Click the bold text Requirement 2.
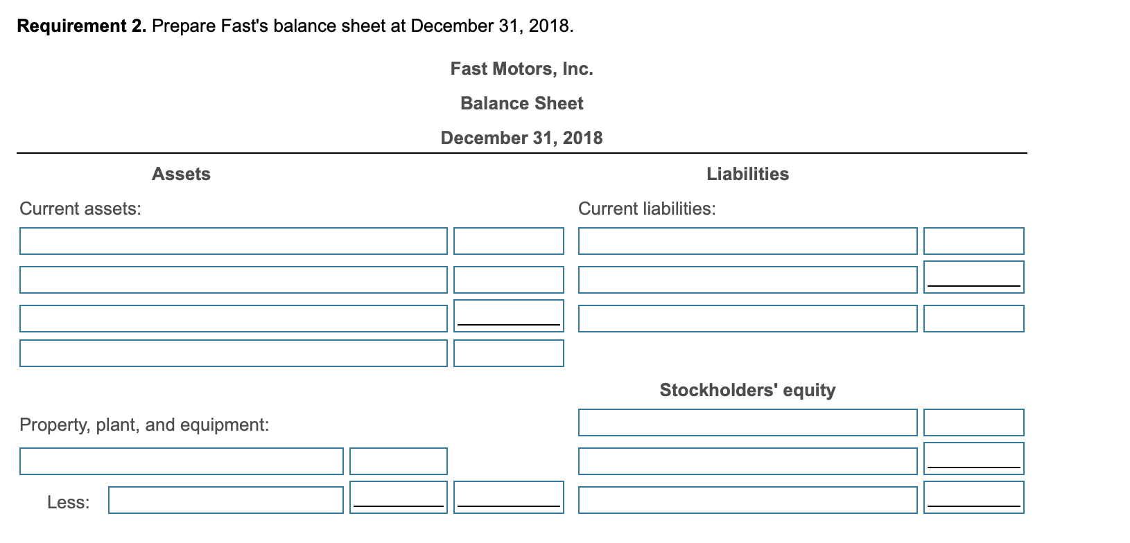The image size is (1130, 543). [82, 26]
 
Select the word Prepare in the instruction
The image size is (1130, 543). [184, 26]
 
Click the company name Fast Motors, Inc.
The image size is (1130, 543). [521, 69]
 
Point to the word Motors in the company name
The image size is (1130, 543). [523, 69]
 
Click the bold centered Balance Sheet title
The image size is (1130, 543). [521, 103]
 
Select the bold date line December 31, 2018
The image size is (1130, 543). [521, 138]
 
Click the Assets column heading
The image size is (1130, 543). [181, 174]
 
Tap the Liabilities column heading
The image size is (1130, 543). [747, 174]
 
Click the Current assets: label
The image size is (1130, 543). [80, 208]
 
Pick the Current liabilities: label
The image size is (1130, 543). [647, 208]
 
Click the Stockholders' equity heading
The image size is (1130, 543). [747, 390]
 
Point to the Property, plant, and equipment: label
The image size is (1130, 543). [144, 425]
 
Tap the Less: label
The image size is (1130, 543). [68, 502]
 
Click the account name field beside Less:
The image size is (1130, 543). [226, 500]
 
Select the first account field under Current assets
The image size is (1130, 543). [234, 241]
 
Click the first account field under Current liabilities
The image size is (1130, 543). [747, 241]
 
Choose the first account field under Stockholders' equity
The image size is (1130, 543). [747, 422]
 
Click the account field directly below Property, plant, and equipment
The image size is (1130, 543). [182, 461]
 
